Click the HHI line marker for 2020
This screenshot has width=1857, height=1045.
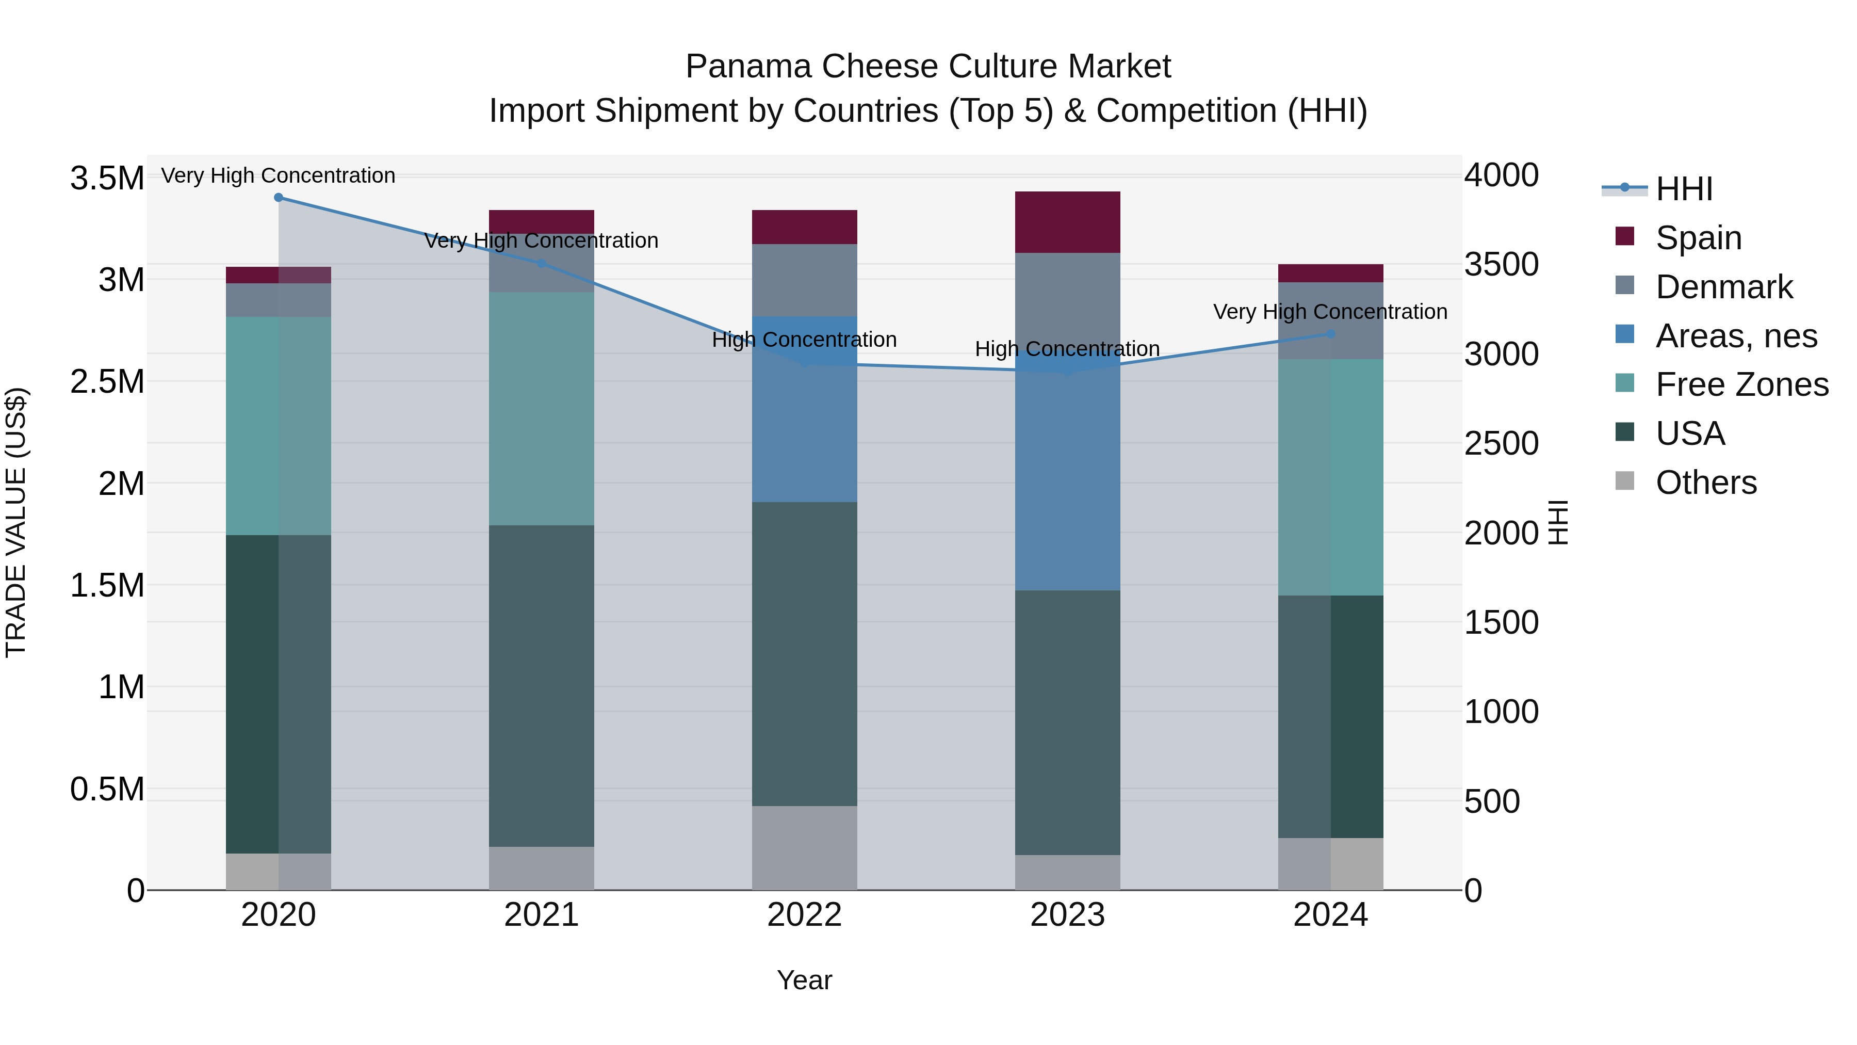pyautogui.click(x=278, y=197)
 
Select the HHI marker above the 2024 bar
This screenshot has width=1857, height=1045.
pyautogui.click(x=1331, y=334)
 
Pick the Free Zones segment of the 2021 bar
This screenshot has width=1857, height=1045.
pyautogui.click(x=542, y=408)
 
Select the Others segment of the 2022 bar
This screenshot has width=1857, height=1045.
pyautogui.click(x=805, y=847)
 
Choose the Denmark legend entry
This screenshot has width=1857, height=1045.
pyautogui.click(x=1723, y=286)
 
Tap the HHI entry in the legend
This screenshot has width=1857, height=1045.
pyautogui.click(x=1683, y=189)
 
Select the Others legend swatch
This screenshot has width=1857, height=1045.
pyautogui.click(x=1625, y=481)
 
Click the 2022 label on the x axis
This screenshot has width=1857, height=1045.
pyautogui.click(x=805, y=914)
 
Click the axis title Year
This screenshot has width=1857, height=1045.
pyautogui.click(x=805, y=979)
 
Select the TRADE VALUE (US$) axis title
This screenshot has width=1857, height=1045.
pyautogui.click(x=16, y=522)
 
